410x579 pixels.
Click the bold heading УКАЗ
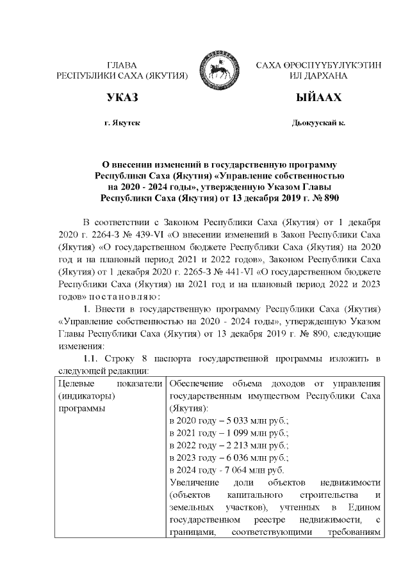pyautogui.click(x=122, y=98)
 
